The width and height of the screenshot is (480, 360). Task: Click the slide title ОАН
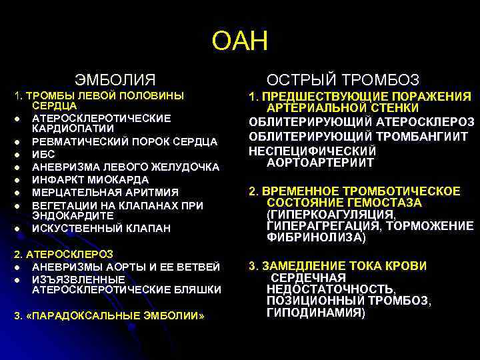click(x=239, y=41)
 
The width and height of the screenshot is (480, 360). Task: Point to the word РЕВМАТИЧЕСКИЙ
click(x=77, y=141)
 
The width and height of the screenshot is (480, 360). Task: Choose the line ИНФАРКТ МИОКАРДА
click(x=91, y=179)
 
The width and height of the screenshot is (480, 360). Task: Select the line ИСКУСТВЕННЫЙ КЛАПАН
click(x=101, y=229)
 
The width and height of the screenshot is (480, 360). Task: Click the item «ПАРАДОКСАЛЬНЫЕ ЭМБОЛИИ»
click(x=109, y=315)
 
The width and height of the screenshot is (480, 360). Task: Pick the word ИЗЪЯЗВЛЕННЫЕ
click(x=69, y=279)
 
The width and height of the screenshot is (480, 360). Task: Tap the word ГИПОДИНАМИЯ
click(x=315, y=313)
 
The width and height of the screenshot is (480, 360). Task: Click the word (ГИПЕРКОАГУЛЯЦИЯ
click(x=330, y=215)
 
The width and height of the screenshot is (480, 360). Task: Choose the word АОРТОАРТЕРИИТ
click(x=320, y=163)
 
